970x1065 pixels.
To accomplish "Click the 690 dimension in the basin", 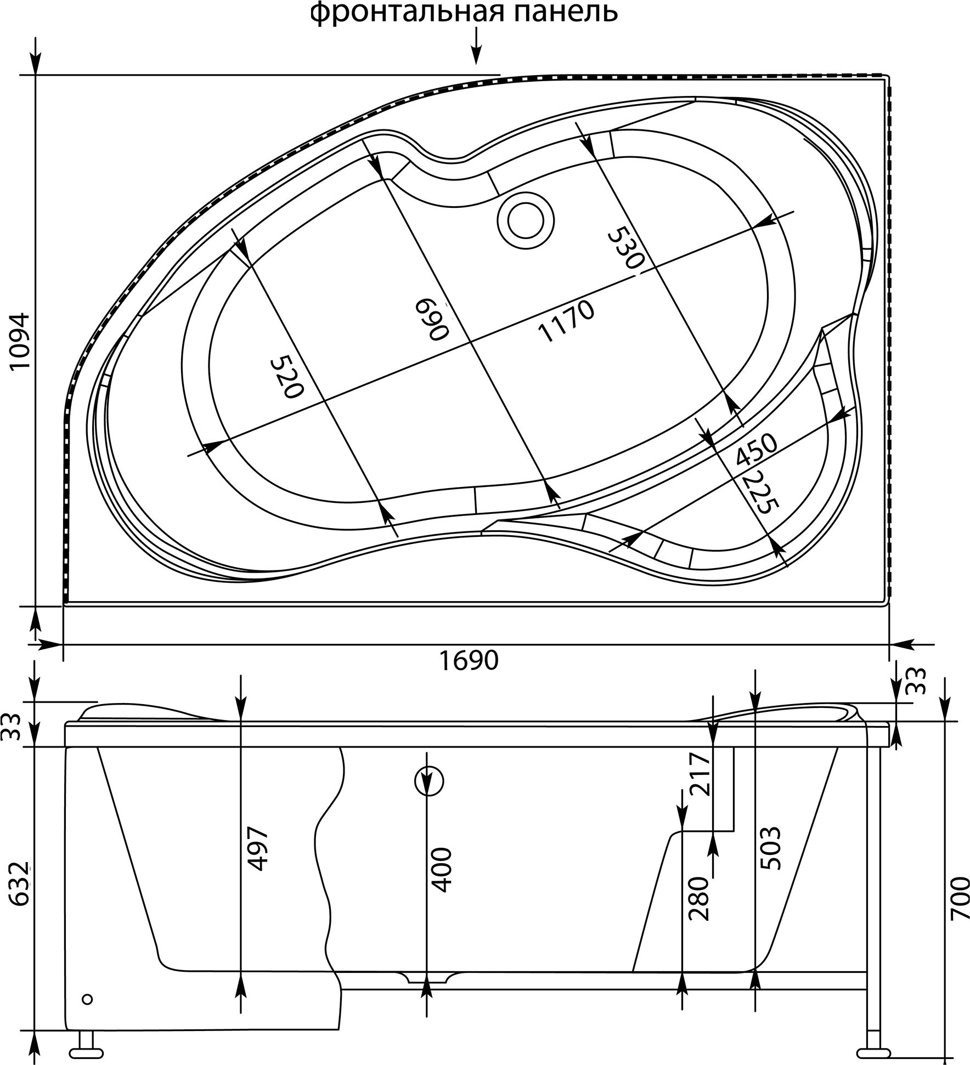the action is [432, 319].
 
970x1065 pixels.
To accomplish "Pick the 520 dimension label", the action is [286, 377].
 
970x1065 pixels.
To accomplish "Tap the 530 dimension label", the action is [625, 250].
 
